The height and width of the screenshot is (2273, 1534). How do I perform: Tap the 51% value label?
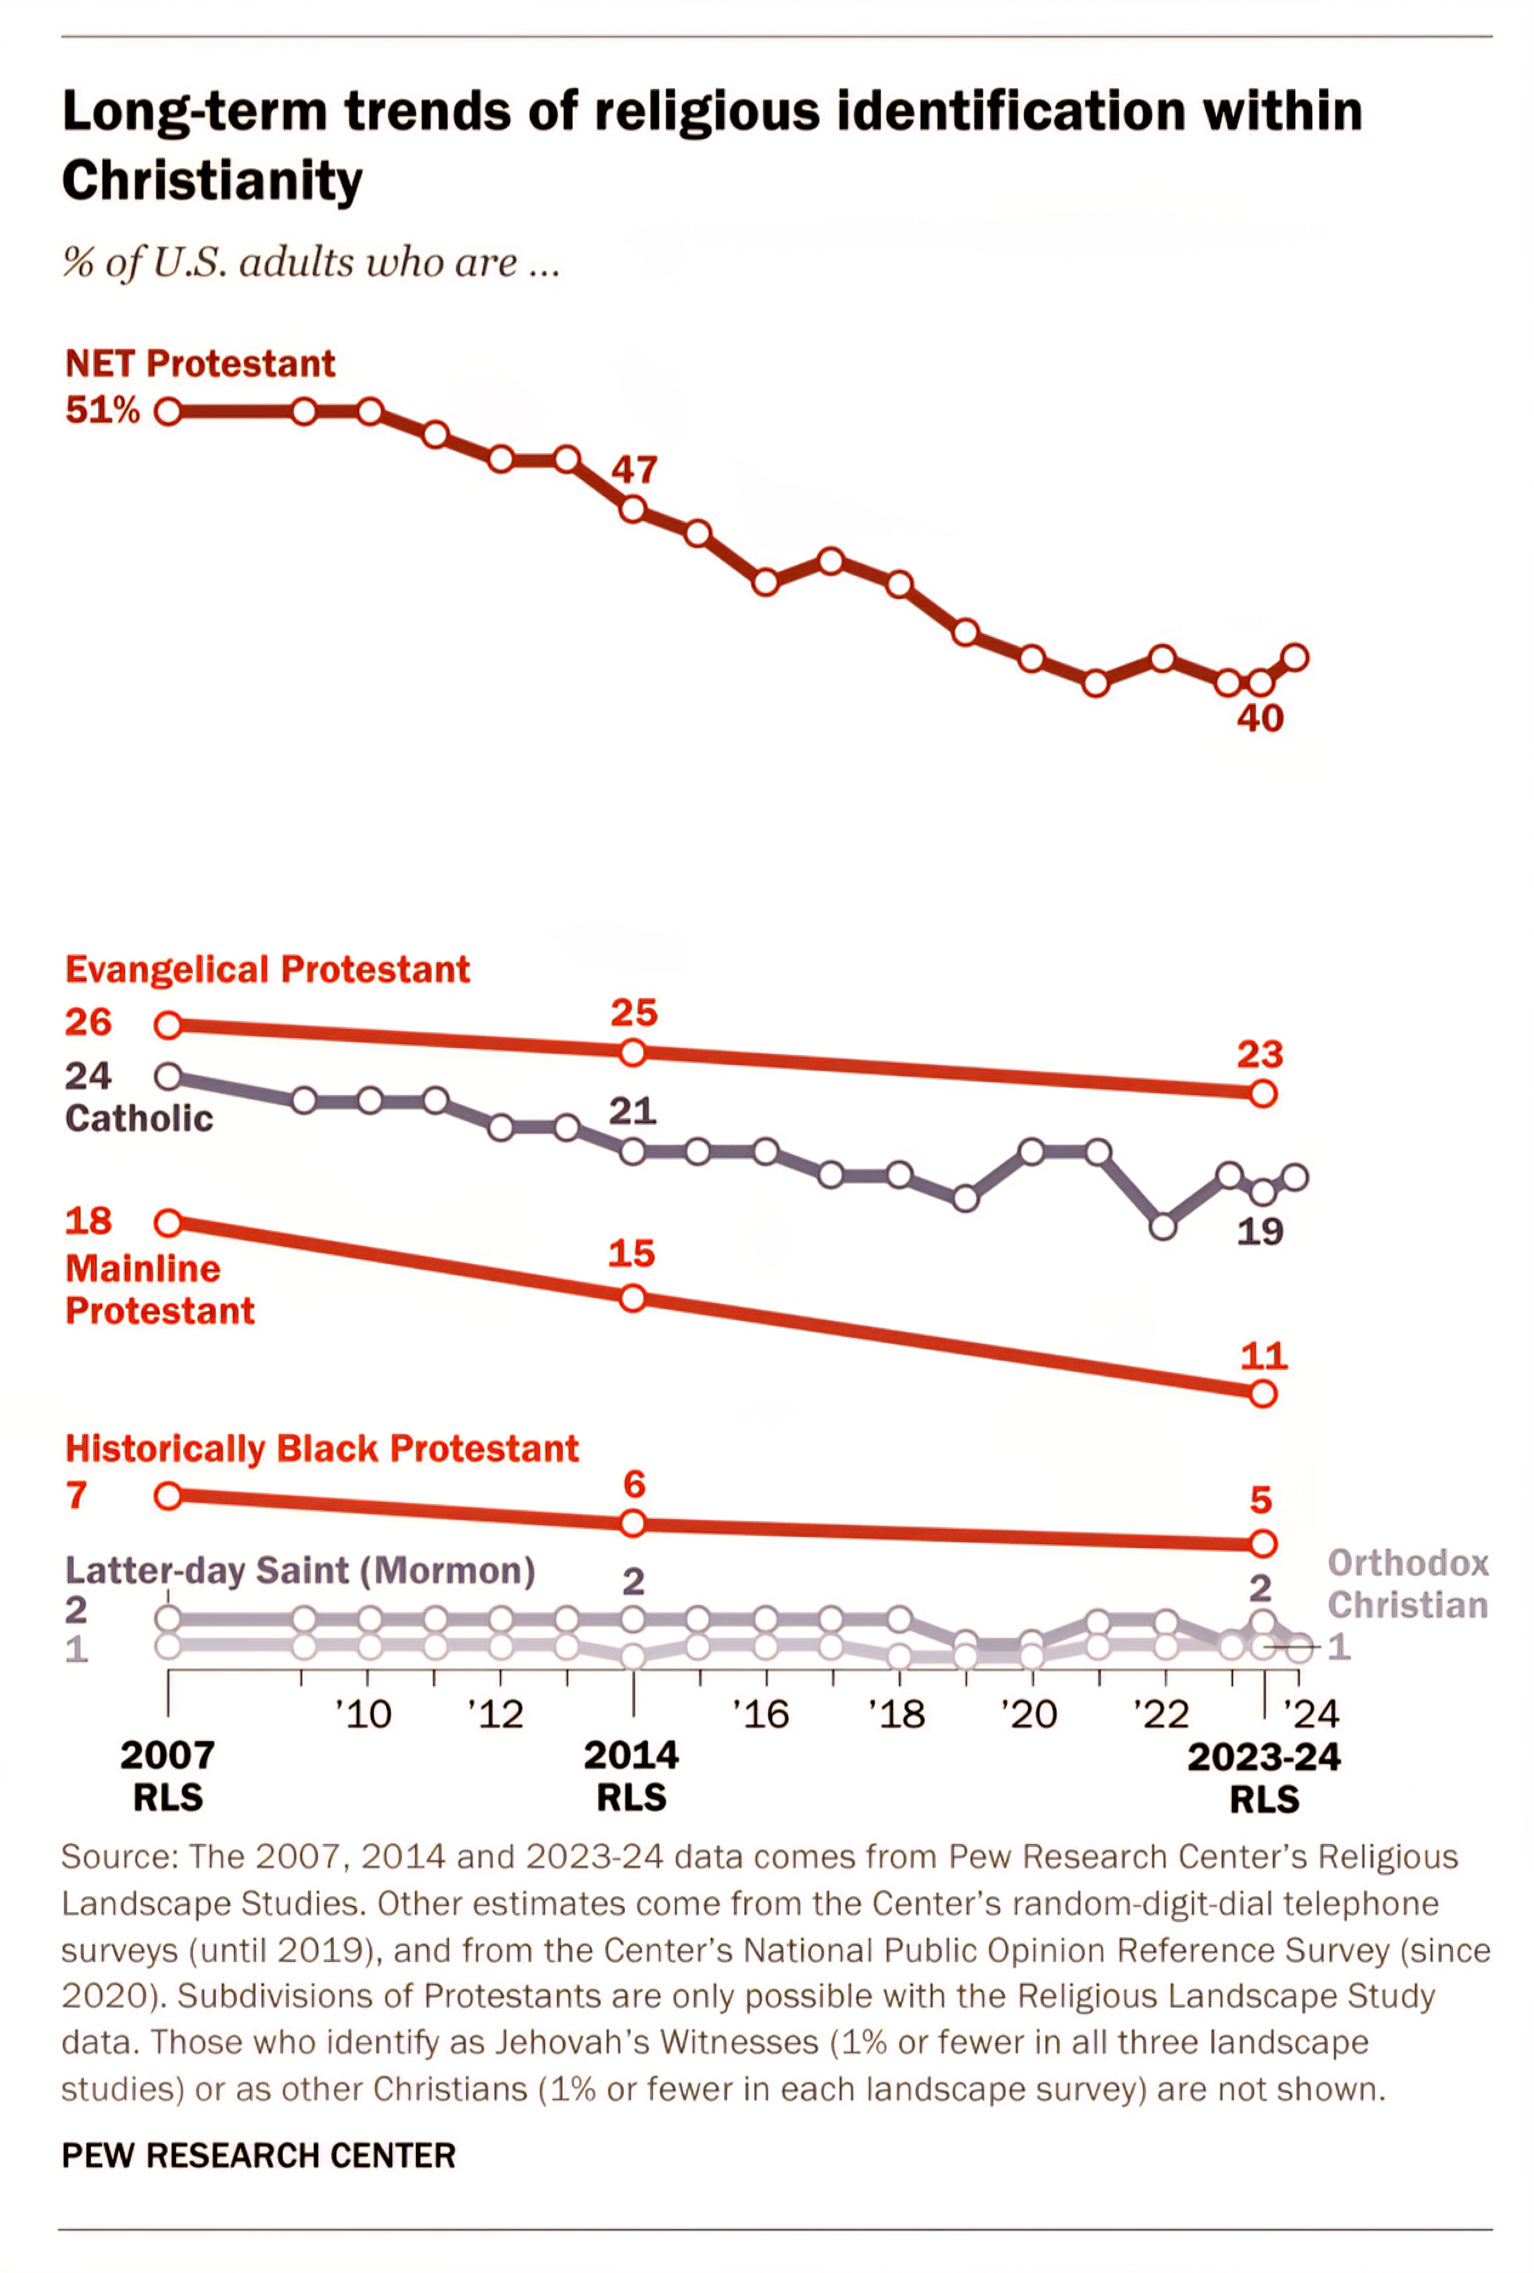pos(102,410)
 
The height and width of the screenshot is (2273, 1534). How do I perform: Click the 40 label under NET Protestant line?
pos(1259,719)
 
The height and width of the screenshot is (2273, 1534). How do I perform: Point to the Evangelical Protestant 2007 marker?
pos(168,1025)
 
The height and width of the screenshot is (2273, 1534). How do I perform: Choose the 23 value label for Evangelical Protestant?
pos(1259,1055)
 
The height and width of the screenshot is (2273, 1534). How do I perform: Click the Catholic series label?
pos(139,1118)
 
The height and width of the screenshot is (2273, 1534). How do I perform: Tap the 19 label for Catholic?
pos(1259,1231)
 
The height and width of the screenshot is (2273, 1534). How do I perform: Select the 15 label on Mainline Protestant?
pos(631,1254)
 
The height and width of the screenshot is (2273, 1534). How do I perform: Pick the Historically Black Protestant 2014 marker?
pos(633,1523)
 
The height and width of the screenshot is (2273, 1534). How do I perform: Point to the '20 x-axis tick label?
pos(1028,1714)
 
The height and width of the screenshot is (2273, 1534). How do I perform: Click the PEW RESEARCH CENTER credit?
pos(258,2155)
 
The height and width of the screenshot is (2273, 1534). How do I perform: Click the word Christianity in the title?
pos(212,182)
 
